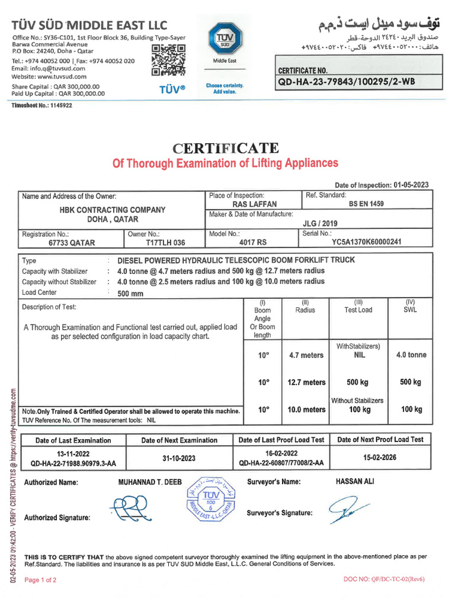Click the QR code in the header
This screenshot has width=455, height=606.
(x=169, y=60)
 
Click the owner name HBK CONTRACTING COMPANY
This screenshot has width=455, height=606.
(x=113, y=209)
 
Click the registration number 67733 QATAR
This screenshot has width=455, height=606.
(x=72, y=243)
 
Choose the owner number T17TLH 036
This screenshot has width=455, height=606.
(x=165, y=243)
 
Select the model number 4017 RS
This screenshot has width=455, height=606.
(x=254, y=242)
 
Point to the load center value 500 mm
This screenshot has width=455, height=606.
(x=130, y=293)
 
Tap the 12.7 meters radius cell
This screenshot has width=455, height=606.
(x=306, y=382)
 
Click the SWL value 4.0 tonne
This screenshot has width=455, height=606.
(x=411, y=355)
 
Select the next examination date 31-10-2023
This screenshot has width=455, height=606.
(x=179, y=458)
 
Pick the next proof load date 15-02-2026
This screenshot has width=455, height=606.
(x=380, y=457)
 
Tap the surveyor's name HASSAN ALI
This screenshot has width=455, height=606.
(x=355, y=482)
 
